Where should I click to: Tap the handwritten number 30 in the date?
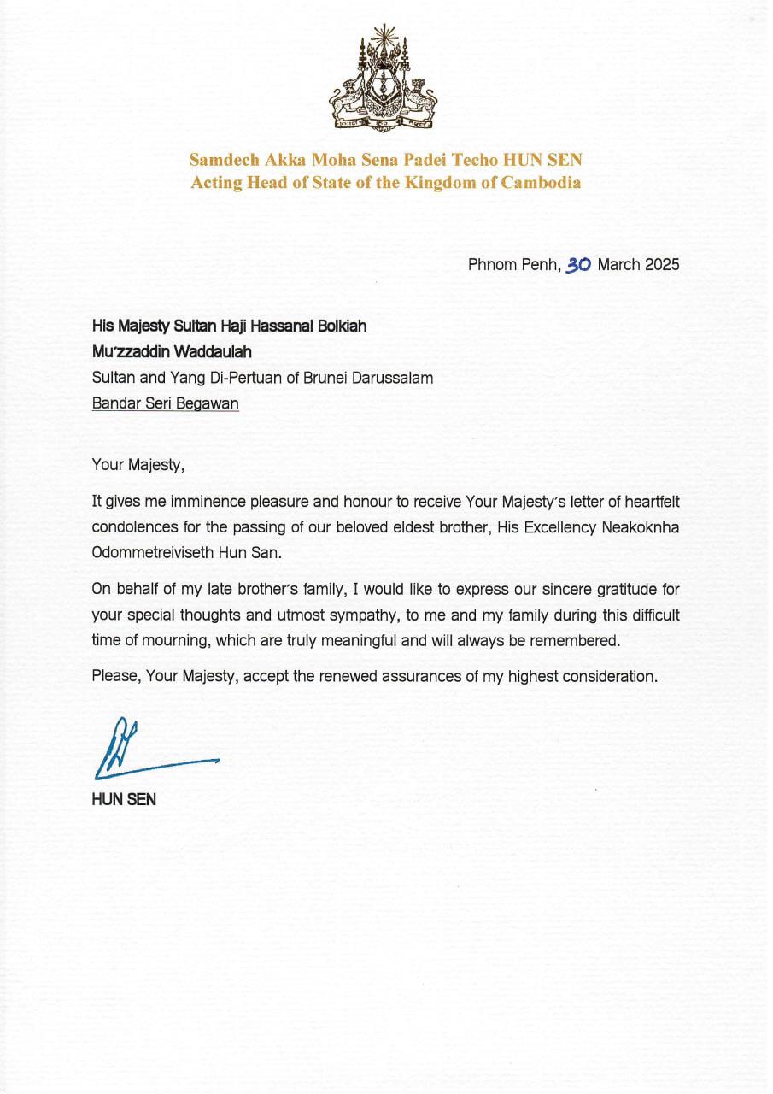(578, 265)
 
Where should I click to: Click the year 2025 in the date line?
(662, 264)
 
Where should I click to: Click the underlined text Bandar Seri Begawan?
(166, 403)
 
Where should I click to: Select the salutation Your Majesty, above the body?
(138, 466)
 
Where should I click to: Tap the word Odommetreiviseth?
(148, 553)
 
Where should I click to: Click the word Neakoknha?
(636, 528)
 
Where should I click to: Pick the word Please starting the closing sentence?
(116, 676)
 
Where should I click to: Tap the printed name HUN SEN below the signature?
(124, 801)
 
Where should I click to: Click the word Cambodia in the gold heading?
(539, 183)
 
